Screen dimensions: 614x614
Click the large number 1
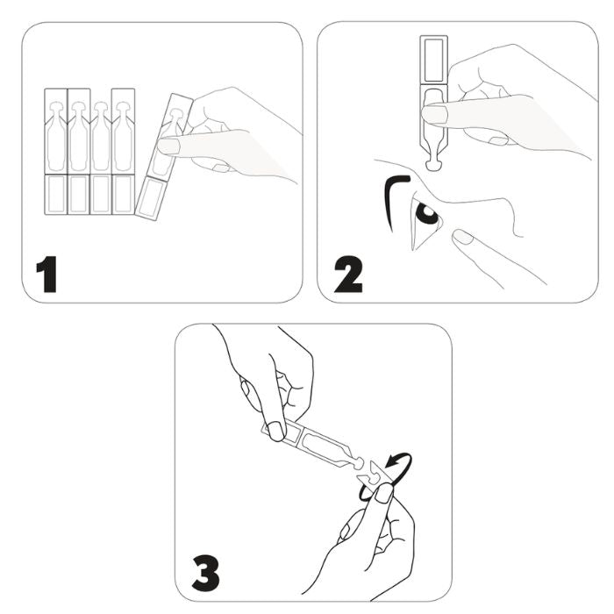pos(47,274)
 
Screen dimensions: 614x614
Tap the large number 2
pos(348,274)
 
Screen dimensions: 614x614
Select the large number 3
pos(205,574)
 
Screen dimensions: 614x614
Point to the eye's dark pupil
pos(427,213)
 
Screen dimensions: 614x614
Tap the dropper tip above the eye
pos(433,165)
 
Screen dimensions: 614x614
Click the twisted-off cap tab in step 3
pos(372,473)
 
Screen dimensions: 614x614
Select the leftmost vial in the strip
pos(56,152)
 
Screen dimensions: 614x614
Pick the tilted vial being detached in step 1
pos(164,157)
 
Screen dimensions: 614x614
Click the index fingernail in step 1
pos(168,146)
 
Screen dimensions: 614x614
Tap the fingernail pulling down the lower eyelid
pos(463,237)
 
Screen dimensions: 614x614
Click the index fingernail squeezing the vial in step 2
pos(434,115)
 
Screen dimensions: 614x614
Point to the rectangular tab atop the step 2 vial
pos(433,60)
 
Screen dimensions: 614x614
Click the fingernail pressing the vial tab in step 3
pos(277,431)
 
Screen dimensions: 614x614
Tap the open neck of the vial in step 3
pos(358,463)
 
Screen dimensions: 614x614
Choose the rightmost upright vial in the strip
pos(124,152)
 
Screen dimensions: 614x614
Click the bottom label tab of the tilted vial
pos(150,198)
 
